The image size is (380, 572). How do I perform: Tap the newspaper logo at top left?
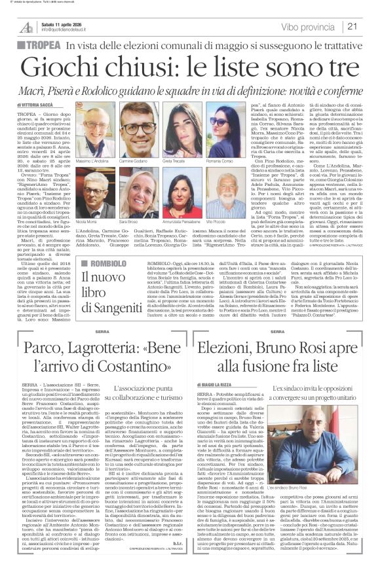point(26,27)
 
